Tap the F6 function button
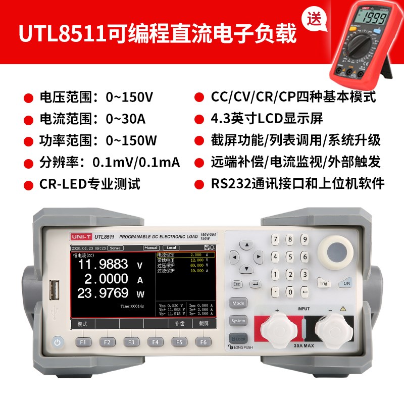[203, 342]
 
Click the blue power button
[58, 342]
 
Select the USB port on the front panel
[54, 291]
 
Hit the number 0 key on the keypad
[289, 291]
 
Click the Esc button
[237, 284]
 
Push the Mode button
[238, 304]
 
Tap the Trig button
[324, 283]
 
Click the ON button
[346, 283]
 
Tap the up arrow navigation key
[246, 245]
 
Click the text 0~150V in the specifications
[129, 96]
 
